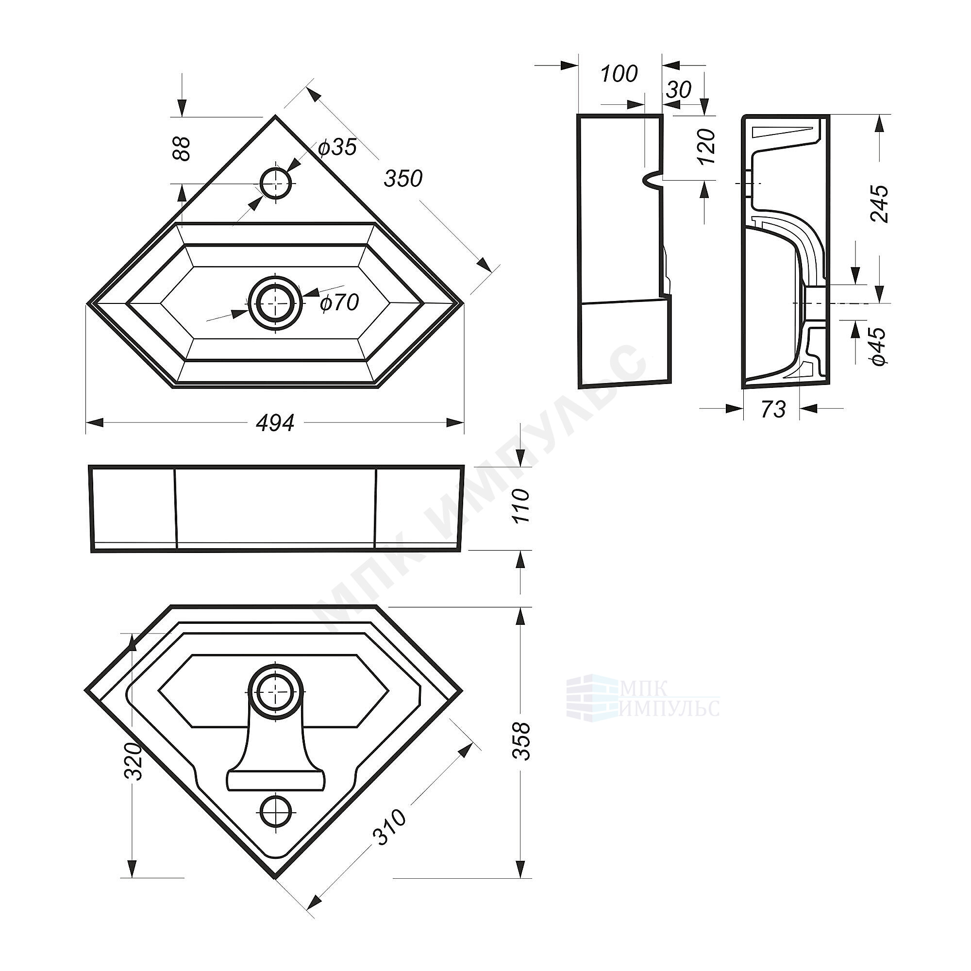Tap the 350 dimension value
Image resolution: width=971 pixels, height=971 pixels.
(x=403, y=178)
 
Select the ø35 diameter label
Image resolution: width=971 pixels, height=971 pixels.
(x=337, y=147)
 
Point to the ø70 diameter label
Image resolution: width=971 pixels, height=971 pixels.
(x=339, y=302)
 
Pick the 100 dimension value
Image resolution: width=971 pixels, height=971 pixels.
(x=619, y=74)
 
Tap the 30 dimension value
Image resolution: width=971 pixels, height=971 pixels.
(x=679, y=90)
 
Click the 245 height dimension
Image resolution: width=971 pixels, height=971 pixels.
(x=879, y=204)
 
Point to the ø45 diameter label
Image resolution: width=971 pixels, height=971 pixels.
(x=879, y=346)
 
